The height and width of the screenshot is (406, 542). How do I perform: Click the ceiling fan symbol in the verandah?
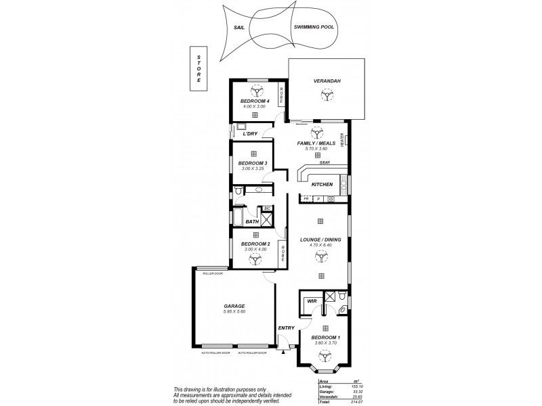point(327,97)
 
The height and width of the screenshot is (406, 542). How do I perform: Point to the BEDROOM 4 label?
point(255,101)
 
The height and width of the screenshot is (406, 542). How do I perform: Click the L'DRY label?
point(250,133)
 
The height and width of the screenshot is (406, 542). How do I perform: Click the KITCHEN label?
point(322,184)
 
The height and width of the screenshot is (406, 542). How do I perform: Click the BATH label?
point(252,221)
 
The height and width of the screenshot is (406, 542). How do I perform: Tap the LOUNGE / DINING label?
point(321,239)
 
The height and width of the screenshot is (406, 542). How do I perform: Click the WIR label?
point(312,300)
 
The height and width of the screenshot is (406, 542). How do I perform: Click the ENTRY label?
point(287,328)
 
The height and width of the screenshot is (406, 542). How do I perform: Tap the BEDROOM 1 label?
point(326,338)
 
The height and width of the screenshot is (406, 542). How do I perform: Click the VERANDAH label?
point(327,81)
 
